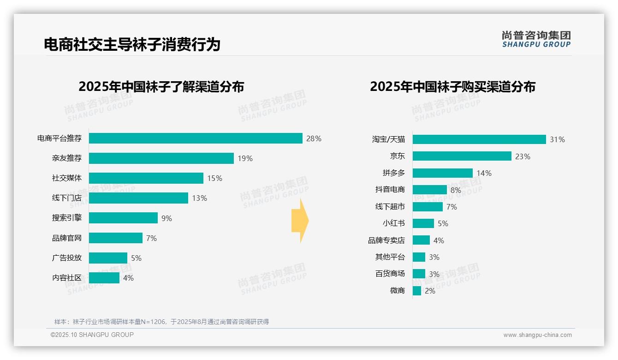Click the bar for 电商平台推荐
tap(196, 138)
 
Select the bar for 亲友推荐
tap(161, 158)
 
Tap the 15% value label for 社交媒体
tap(215, 178)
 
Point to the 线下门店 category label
tap(67, 198)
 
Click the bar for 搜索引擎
tap(123, 218)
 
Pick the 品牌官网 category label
tap(67, 238)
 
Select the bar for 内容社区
tap(104, 278)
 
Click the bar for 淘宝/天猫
tap(479, 139)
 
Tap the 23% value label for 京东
tap(523, 156)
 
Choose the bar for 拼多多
tap(443, 173)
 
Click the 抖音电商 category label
tap(390, 190)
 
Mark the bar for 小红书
tap(423, 223)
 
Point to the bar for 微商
tap(417, 291)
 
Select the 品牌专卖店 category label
tap(386, 240)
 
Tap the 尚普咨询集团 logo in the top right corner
tap(536, 39)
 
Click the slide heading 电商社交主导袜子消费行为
tap(132, 44)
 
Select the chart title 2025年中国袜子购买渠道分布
tap(452, 87)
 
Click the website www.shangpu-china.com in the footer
tap(537, 335)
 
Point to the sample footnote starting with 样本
tap(161, 322)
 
